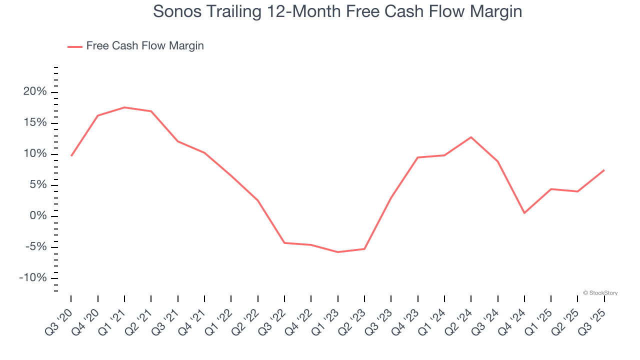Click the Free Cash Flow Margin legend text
[x=145, y=46]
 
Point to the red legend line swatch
[x=75, y=46]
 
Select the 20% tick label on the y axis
[x=35, y=92]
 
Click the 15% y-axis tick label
[x=35, y=123]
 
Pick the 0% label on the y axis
[x=38, y=216]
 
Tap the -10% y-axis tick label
[x=33, y=278]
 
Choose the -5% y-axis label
[x=35, y=247]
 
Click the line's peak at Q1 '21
[x=124, y=107]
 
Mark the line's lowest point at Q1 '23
[x=338, y=252]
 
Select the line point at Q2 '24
[x=471, y=137]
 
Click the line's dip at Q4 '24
[x=524, y=213]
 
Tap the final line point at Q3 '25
[x=604, y=170]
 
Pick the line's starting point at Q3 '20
[x=71, y=155]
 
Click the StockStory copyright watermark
[x=600, y=293]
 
